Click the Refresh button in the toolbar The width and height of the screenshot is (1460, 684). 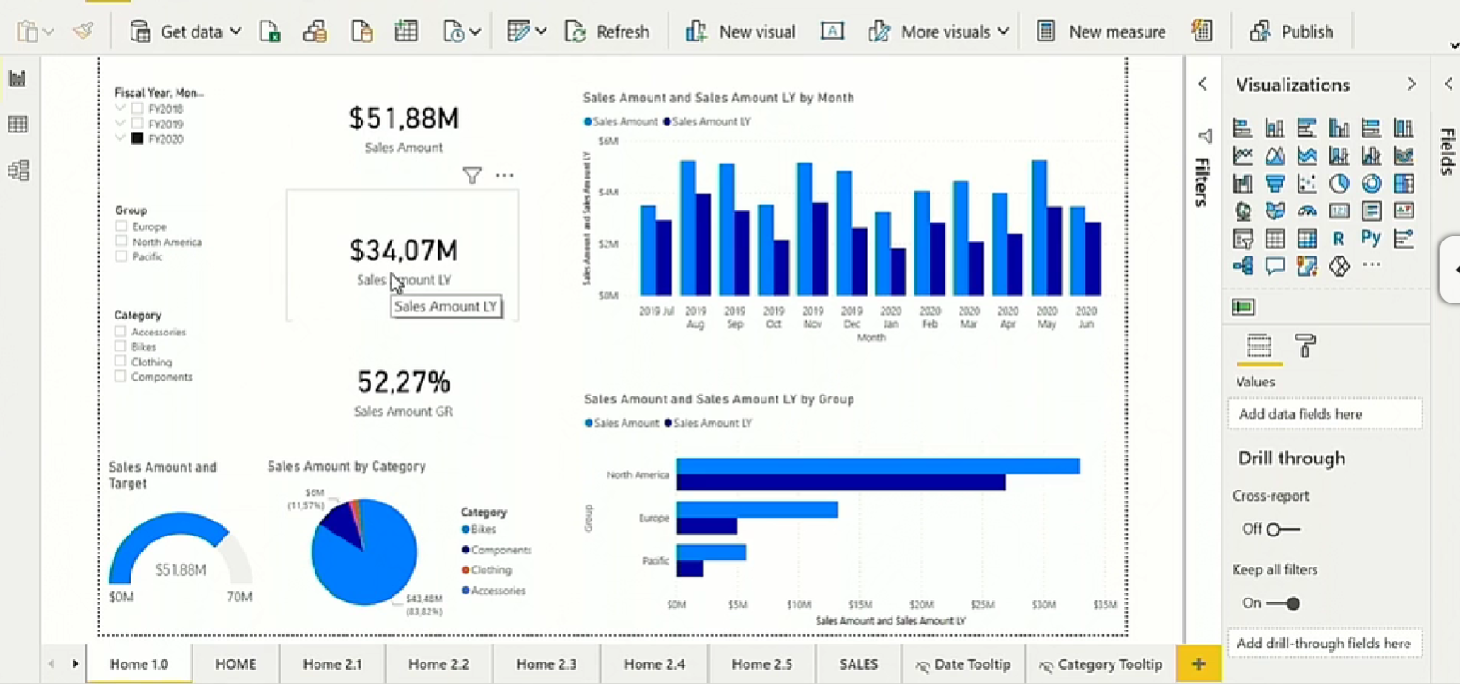607,32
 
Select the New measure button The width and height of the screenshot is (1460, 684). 1101,32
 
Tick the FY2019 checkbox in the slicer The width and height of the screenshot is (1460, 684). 138,124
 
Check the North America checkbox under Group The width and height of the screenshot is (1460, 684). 121,241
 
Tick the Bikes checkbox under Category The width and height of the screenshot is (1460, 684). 121,347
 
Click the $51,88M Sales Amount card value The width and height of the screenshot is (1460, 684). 404,118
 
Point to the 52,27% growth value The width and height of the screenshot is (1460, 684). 404,381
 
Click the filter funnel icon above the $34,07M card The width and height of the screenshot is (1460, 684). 472,176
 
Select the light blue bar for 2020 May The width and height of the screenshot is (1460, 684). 1039,226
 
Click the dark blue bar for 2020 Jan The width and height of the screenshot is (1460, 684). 898,271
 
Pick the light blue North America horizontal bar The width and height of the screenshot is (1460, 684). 877,466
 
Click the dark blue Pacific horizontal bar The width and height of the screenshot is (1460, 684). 689,568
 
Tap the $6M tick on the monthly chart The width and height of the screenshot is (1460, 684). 607,140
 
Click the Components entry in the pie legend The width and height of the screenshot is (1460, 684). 500,550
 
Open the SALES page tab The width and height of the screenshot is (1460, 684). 858,664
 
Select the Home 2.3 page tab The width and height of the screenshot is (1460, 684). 547,664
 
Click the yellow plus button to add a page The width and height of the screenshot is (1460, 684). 1198,664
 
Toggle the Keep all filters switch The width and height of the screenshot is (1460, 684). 1283,603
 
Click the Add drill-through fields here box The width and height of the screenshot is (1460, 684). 1324,644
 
